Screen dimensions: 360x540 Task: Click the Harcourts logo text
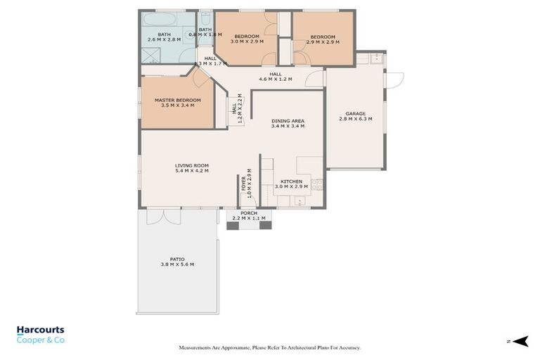(x=40, y=330)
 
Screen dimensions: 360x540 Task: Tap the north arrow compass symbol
(x=520, y=341)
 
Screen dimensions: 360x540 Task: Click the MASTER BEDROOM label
(x=177, y=101)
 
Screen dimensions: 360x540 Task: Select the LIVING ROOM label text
(x=192, y=165)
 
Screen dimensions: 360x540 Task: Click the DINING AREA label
(x=288, y=121)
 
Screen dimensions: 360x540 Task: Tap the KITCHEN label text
(x=291, y=181)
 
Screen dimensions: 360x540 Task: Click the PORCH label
(x=248, y=213)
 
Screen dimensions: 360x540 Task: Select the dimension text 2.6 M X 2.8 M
(x=164, y=40)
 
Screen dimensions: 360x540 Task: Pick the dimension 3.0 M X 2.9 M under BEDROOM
(x=247, y=41)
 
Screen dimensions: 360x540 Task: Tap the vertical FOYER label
(x=244, y=183)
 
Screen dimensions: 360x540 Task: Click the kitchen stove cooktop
(x=318, y=186)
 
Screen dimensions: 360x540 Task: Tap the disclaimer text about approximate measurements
(x=270, y=347)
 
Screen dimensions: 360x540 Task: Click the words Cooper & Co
(x=39, y=340)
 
